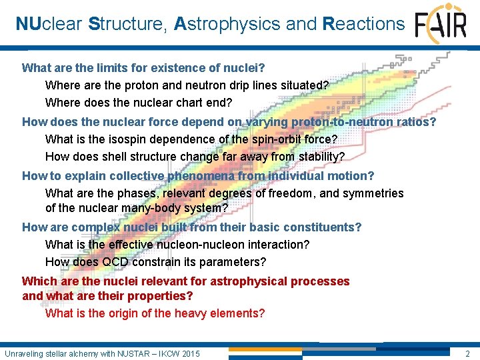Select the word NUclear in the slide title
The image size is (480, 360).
coord(49,24)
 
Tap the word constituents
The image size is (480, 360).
coord(324,227)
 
